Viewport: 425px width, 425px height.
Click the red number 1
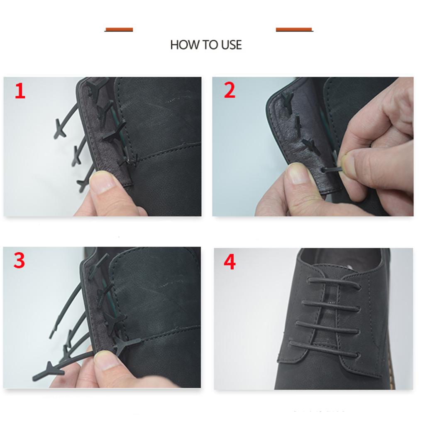coord(20,91)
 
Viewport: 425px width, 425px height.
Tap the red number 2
coord(230,90)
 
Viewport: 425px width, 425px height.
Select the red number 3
coord(19,260)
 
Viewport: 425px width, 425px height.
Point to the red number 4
coord(230,262)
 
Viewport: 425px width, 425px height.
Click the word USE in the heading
coord(231,45)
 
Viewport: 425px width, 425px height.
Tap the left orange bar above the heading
coord(119,29)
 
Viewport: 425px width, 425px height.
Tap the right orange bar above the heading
coord(294,29)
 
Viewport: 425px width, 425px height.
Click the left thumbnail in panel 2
coord(298,173)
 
